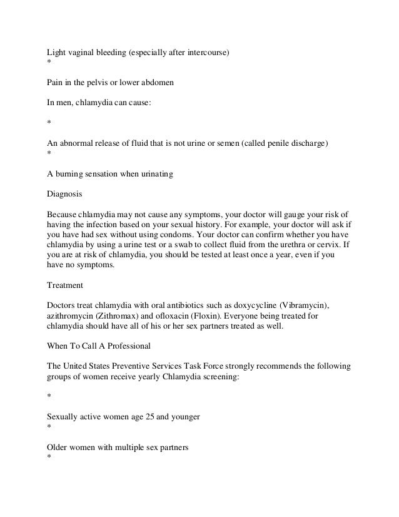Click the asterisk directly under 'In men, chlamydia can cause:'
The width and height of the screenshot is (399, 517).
pos(49,123)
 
